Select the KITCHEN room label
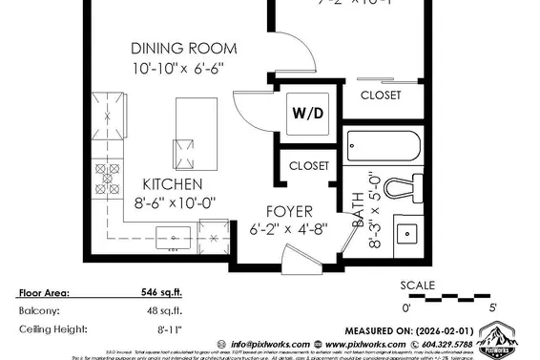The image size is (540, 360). click(x=172, y=184)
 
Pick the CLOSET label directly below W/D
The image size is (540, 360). click(x=309, y=166)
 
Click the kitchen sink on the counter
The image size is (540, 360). click(x=175, y=235)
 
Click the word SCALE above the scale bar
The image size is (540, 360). click(x=417, y=285)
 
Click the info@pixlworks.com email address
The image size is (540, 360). click(x=263, y=345)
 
